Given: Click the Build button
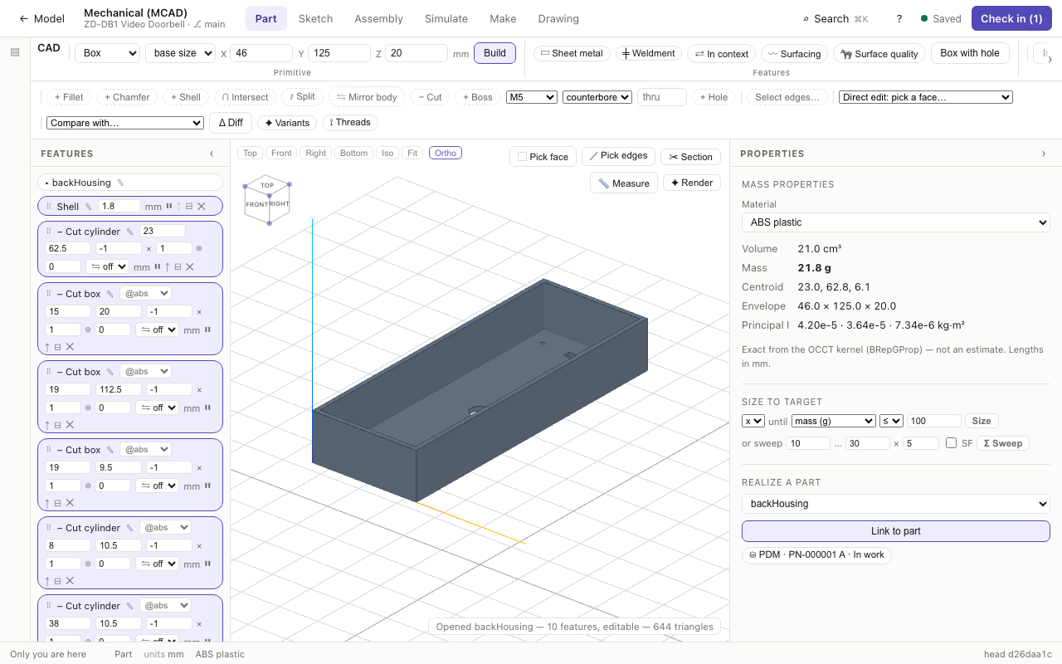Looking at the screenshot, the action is click(x=494, y=53).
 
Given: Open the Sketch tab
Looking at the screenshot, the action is click(x=315, y=18).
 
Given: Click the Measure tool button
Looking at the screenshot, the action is click(x=623, y=183).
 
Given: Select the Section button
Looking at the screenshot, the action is click(x=690, y=157).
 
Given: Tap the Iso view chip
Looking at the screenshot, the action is click(x=387, y=153).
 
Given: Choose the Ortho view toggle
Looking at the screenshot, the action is click(x=446, y=153).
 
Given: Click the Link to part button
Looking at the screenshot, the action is click(x=895, y=531).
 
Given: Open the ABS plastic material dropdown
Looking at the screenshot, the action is click(x=895, y=222).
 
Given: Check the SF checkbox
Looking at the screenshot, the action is click(x=951, y=443).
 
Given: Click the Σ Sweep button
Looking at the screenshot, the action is click(x=1003, y=443).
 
